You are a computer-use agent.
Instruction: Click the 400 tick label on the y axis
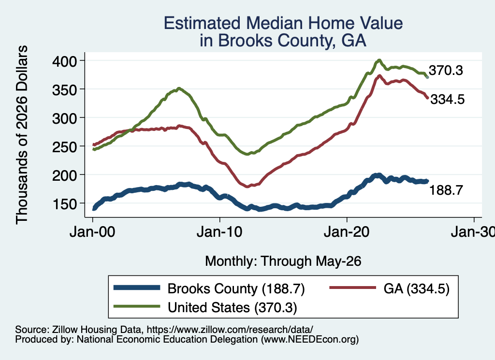point(64,61)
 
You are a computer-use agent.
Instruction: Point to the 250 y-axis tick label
point(64,147)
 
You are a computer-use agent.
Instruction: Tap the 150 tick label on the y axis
point(64,204)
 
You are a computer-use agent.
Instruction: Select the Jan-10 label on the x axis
point(219,232)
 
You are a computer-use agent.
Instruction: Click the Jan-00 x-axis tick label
point(92,232)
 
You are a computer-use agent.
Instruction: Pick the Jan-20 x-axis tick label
point(347,232)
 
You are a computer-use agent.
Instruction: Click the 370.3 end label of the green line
point(446,71)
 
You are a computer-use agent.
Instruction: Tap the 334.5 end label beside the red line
point(448,100)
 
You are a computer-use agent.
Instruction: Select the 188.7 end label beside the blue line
point(446,190)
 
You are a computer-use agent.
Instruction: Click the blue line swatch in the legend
point(137,288)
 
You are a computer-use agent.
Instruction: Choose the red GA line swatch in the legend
point(352,288)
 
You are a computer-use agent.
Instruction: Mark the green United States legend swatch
point(137,306)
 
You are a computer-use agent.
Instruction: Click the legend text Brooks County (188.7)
point(236,288)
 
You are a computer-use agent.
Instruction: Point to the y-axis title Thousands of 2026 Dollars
point(22,135)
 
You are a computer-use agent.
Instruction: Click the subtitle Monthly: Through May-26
point(283,261)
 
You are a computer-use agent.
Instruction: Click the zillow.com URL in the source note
point(230,330)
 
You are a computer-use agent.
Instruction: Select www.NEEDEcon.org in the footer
point(310,339)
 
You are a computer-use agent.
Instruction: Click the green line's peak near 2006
point(179,88)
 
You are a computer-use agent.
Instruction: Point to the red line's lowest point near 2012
point(247,187)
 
